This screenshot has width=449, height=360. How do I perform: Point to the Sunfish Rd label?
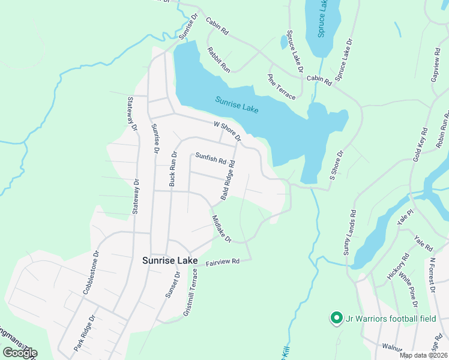[210, 157]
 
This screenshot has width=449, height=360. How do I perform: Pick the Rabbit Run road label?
[218, 60]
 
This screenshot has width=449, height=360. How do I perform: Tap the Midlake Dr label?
[221, 229]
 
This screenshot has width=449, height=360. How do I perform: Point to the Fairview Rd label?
[223, 262]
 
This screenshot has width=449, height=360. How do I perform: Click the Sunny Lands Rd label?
[349, 233]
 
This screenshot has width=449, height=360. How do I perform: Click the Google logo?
[20, 353]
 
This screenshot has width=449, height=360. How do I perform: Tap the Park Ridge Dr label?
[84, 334]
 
